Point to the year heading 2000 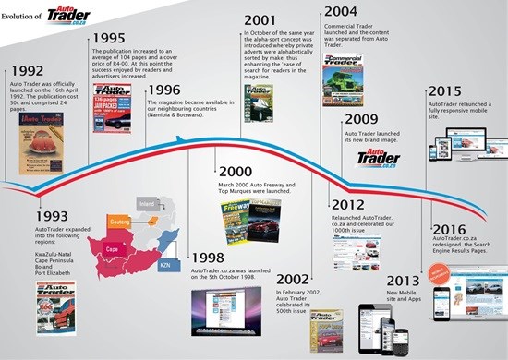tap(236, 172)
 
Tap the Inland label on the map tap(145, 201)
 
